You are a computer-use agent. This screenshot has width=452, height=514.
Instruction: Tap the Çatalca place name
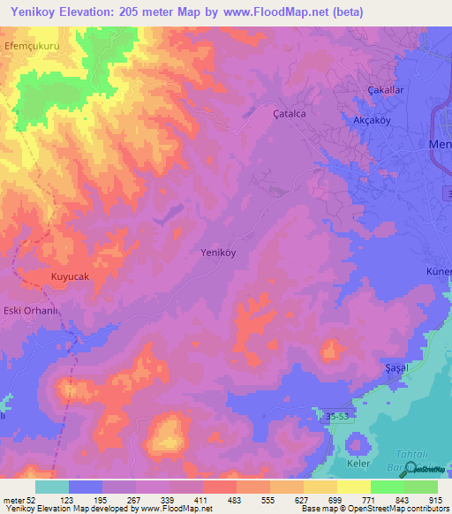(x=288, y=114)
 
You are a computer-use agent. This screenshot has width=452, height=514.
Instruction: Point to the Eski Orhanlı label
(x=32, y=310)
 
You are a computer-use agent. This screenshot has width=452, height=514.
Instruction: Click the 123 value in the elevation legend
(x=67, y=500)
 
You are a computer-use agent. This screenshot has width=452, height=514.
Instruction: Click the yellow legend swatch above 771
(x=353, y=487)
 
